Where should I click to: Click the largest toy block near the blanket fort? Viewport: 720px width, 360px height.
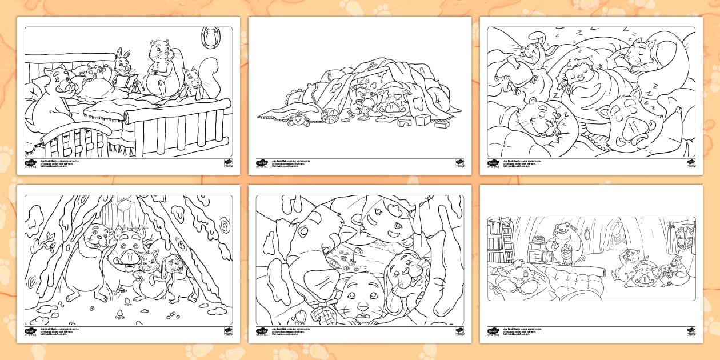coord(422,120)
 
